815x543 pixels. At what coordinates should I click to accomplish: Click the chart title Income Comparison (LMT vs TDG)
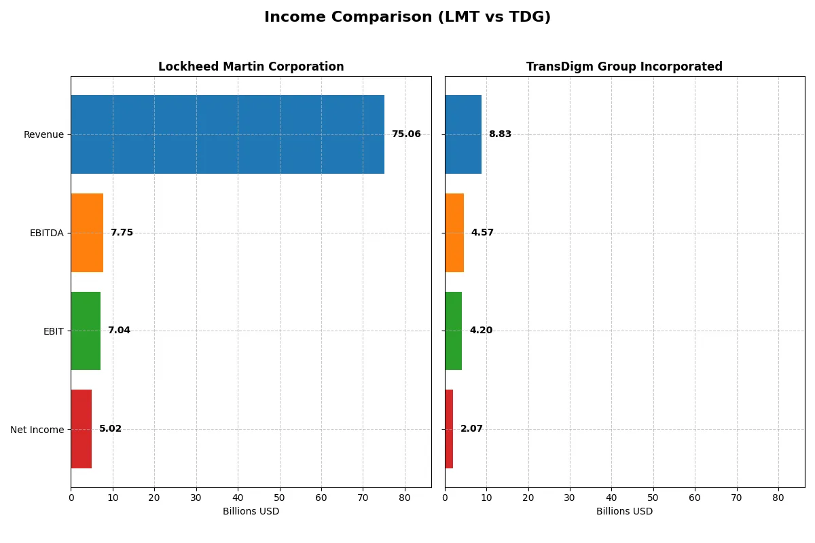407,18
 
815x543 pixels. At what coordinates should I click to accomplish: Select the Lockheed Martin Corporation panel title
251,67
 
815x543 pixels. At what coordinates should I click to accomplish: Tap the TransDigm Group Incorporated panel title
624,67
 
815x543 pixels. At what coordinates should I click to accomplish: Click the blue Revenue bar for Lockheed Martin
228,134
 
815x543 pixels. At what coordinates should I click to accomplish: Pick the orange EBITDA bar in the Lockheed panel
87,233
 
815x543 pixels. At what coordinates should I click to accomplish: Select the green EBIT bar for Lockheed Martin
86,331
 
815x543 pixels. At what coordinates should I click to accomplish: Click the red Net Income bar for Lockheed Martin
81,429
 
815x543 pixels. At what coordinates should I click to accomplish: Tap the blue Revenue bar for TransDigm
463,134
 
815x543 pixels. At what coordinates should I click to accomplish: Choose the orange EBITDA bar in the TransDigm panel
454,233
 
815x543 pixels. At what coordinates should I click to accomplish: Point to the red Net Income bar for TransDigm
449,429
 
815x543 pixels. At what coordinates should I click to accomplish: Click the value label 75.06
406,134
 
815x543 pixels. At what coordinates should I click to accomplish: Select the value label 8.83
500,134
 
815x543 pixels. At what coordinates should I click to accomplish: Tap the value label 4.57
482,233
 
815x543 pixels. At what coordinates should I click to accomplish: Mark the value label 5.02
110,429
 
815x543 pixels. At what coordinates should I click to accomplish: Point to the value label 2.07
471,429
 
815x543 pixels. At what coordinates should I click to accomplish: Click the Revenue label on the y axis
43,134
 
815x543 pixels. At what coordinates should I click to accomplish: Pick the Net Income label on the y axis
37,430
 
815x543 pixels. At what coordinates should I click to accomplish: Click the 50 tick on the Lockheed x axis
280,498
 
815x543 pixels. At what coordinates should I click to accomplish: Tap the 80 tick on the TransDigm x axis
778,498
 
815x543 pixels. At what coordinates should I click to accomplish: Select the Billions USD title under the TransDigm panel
624,512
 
